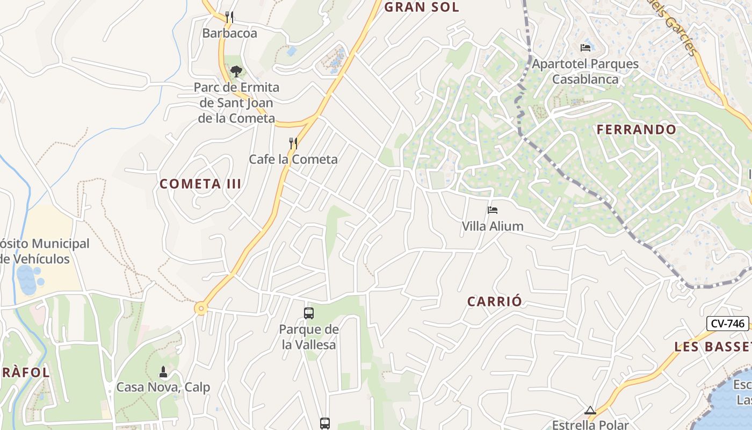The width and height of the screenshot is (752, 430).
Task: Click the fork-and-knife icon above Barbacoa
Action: pos(229,17)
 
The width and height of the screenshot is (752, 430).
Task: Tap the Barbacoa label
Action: pos(229,33)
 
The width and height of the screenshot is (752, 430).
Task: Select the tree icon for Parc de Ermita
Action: pos(236,71)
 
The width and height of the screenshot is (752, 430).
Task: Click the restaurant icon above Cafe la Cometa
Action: pos(293,143)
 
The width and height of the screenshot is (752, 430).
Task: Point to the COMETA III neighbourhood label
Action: pos(200,184)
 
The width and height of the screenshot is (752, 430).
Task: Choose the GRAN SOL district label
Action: pos(422,7)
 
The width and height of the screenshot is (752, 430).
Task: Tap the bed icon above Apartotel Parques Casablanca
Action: pos(585,48)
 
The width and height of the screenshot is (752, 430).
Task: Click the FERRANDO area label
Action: pos(637,130)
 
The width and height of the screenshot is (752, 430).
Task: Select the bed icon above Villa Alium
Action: pos(493,210)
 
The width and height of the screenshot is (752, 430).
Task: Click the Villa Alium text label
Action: pos(493,226)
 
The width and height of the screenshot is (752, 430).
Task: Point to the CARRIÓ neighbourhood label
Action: pos(494,302)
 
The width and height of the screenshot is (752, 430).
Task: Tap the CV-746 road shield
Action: pos(727,324)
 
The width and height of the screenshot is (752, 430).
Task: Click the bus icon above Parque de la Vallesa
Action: pos(309,313)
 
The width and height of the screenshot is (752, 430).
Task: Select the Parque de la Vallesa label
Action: pos(309,337)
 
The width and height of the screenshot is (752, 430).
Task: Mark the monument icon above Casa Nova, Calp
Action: pos(163,371)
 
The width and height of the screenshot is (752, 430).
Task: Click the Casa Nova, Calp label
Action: pos(163,388)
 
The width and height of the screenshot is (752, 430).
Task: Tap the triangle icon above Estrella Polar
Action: pos(590,411)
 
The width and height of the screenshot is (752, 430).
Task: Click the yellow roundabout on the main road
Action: pos(201,309)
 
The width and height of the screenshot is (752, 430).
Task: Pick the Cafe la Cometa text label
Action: pos(293,159)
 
